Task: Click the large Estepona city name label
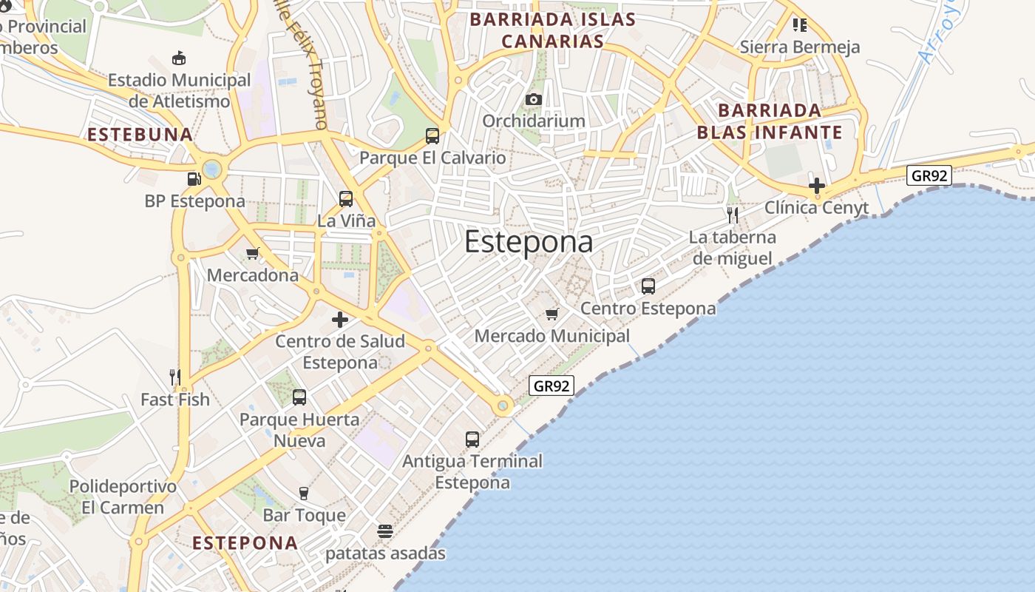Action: pyautogui.click(x=529, y=242)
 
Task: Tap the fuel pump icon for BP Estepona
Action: pyautogui.click(x=194, y=178)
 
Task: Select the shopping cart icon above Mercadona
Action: pyautogui.click(x=253, y=253)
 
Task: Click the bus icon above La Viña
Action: pyautogui.click(x=346, y=198)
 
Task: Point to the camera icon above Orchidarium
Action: pyautogui.click(x=534, y=99)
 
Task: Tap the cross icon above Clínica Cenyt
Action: pyautogui.click(x=817, y=185)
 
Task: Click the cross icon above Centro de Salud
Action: pyautogui.click(x=340, y=320)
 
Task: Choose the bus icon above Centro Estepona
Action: pyautogui.click(x=648, y=286)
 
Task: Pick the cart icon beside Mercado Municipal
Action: pyautogui.click(x=552, y=314)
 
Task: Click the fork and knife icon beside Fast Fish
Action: pyautogui.click(x=175, y=377)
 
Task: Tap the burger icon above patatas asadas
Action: pyautogui.click(x=385, y=531)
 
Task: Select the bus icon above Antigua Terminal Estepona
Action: pyautogui.click(x=472, y=439)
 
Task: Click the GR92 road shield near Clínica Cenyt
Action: pyautogui.click(x=929, y=175)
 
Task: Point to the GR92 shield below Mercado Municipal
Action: pyautogui.click(x=552, y=386)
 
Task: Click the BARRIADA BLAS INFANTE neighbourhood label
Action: pyautogui.click(x=770, y=121)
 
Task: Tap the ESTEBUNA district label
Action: pyautogui.click(x=140, y=135)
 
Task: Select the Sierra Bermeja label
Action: pyautogui.click(x=800, y=47)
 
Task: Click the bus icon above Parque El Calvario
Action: pyautogui.click(x=432, y=135)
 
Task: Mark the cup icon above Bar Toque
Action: pyautogui.click(x=304, y=493)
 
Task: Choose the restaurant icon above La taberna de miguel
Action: pyautogui.click(x=733, y=215)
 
